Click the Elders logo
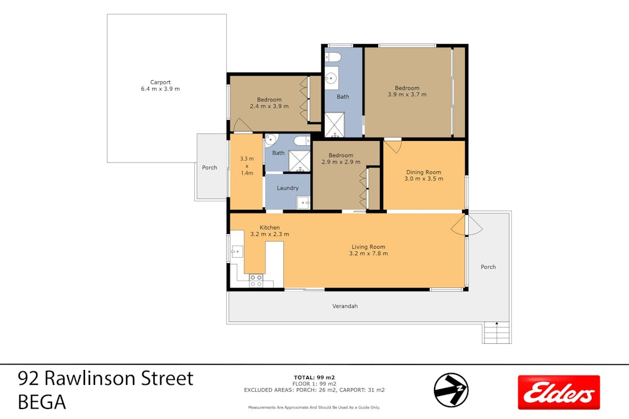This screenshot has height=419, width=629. point(559,392)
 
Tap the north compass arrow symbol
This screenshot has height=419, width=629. point(451,390)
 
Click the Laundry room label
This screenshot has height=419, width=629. point(287,188)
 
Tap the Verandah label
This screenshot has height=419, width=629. point(345,306)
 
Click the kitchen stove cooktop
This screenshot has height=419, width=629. point(256,281)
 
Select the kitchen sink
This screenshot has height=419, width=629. point(237,251)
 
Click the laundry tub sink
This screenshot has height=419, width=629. point(304,202)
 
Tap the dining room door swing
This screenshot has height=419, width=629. point(392,146)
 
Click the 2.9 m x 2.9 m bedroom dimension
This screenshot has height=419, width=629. point(341,162)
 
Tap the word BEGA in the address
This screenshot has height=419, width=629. point(42,403)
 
